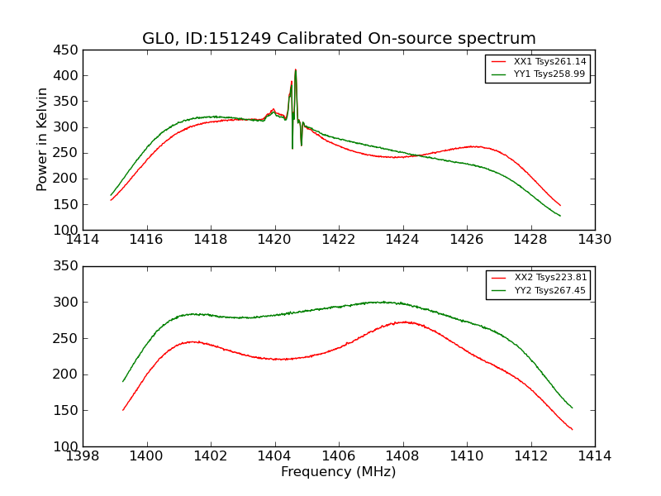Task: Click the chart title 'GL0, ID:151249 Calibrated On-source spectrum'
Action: point(339,39)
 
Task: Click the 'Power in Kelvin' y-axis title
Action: point(43,140)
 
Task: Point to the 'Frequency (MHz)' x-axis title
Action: point(339,472)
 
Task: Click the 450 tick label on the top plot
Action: point(68,50)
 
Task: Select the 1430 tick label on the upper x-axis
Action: point(594,239)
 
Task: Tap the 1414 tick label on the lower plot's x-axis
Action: point(594,455)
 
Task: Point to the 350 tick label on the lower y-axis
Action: point(68,266)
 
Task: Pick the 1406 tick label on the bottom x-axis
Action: point(339,455)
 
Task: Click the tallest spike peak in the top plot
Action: point(295,70)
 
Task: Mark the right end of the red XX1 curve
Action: point(560,205)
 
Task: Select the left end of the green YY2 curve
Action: point(123,381)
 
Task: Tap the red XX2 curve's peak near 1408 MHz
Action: point(402,322)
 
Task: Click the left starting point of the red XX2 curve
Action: point(123,410)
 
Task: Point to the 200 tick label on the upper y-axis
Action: point(68,179)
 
